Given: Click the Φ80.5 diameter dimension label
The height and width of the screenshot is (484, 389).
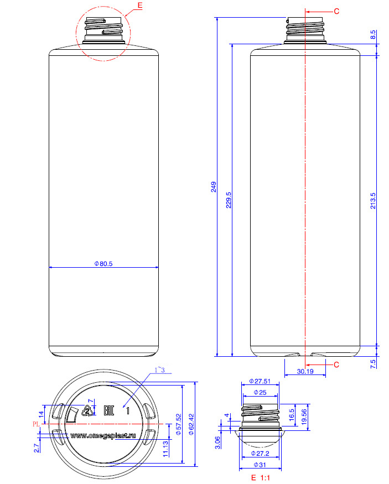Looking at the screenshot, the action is (x=103, y=264).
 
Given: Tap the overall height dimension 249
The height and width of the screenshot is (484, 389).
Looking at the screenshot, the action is (x=214, y=187).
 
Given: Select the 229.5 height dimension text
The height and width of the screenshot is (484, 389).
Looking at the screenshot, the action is (x=229, y=200).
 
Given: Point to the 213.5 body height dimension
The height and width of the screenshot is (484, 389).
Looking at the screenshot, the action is (x=373, y=201).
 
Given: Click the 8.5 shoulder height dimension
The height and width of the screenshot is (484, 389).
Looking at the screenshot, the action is (x=373, y=34).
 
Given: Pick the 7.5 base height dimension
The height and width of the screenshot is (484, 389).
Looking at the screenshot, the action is (x=373, y=364).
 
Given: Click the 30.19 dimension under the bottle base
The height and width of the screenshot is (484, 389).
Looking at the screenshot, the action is (x=305, y=371).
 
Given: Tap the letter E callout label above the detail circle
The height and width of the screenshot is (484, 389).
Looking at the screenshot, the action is (x=140, y=6).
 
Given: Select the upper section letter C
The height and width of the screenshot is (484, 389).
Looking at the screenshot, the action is (x=336, y=12).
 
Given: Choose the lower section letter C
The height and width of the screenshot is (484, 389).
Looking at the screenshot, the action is (x=336, y=365).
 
